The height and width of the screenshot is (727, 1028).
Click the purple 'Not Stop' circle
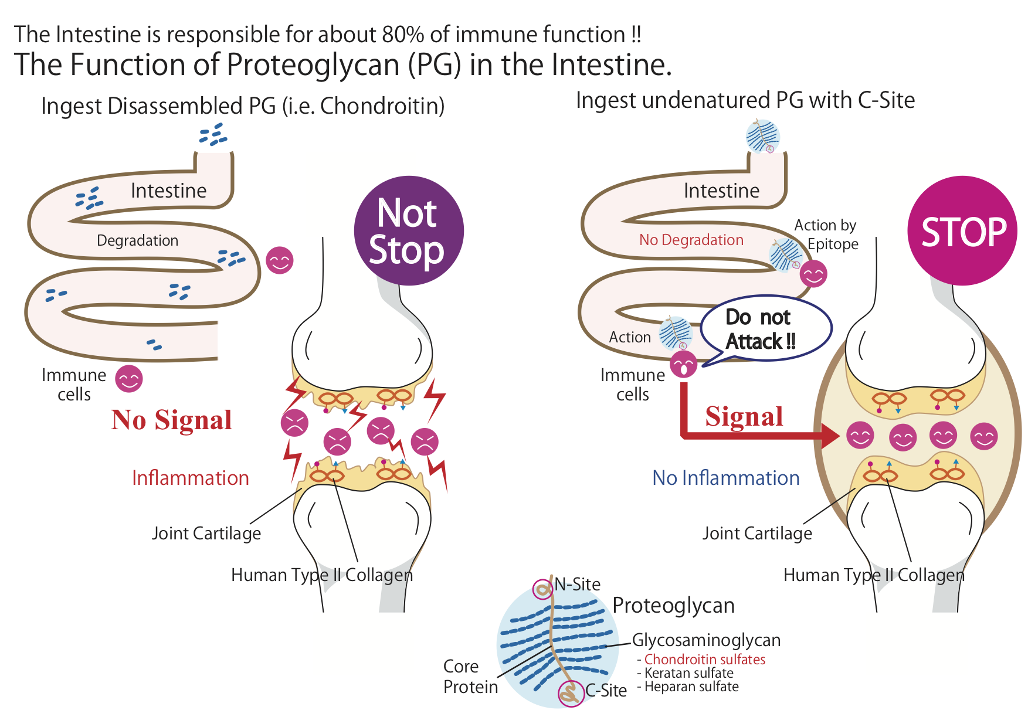point(409,231)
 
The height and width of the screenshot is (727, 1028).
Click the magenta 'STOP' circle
point(962,231)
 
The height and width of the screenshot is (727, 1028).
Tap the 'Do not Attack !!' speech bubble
point(766,329)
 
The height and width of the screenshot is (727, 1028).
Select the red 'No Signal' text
point(172,420)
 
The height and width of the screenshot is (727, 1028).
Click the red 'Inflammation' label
point(191,478)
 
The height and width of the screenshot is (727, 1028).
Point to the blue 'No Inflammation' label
point(726,478)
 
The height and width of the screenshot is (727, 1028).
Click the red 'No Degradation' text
point(691,240)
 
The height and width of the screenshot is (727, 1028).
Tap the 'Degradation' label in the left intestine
point(138,240)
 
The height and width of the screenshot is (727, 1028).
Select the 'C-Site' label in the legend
point(606,691)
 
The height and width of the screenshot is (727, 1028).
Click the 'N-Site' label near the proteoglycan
point(578,584)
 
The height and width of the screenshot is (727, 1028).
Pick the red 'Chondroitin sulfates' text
point(705,660)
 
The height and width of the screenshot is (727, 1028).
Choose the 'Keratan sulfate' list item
point(689,673)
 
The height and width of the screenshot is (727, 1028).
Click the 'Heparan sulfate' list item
point(691,687)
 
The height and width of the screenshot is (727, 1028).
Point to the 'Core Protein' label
point(470,677)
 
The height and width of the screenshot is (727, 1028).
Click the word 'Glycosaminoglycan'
point(706,640)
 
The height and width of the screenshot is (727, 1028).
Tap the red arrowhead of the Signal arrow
point(830,436)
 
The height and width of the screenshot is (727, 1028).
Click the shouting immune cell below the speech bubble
point(683,365)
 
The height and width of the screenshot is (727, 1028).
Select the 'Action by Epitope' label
point(826,235)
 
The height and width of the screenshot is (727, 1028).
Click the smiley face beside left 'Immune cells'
point(129,379)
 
